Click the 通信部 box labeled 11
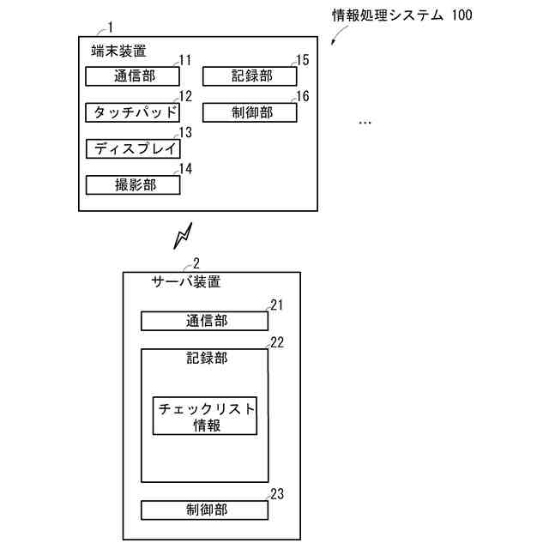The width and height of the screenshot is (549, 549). pos(133,76)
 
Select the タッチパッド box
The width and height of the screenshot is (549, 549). pos(133,112)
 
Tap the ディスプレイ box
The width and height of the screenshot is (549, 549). pos(133,148)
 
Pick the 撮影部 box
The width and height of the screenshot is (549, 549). pos(133,184)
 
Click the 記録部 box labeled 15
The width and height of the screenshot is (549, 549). pos(250,76)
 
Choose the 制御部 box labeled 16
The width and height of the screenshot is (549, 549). pos(250,112)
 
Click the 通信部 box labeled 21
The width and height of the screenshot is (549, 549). pos(205,321)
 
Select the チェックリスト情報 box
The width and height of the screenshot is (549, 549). pos(206,416)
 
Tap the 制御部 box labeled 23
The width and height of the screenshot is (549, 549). pos(205,510)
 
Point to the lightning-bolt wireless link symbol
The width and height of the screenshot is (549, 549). pos(182,236)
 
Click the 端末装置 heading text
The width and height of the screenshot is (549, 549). pos(118,51)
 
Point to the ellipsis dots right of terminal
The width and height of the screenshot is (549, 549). pos(365,123)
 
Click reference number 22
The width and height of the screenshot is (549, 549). pos(277,341)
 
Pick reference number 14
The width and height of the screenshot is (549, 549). pos(185,169)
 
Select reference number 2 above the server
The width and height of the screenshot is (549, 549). pos(196,263)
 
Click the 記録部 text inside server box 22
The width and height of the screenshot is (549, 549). pos(206,358)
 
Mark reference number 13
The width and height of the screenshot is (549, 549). pos(185,133)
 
